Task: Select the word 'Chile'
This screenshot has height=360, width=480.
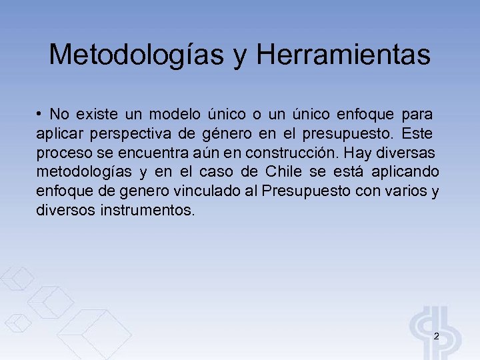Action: pyautogui.click(x=285, y=172)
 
